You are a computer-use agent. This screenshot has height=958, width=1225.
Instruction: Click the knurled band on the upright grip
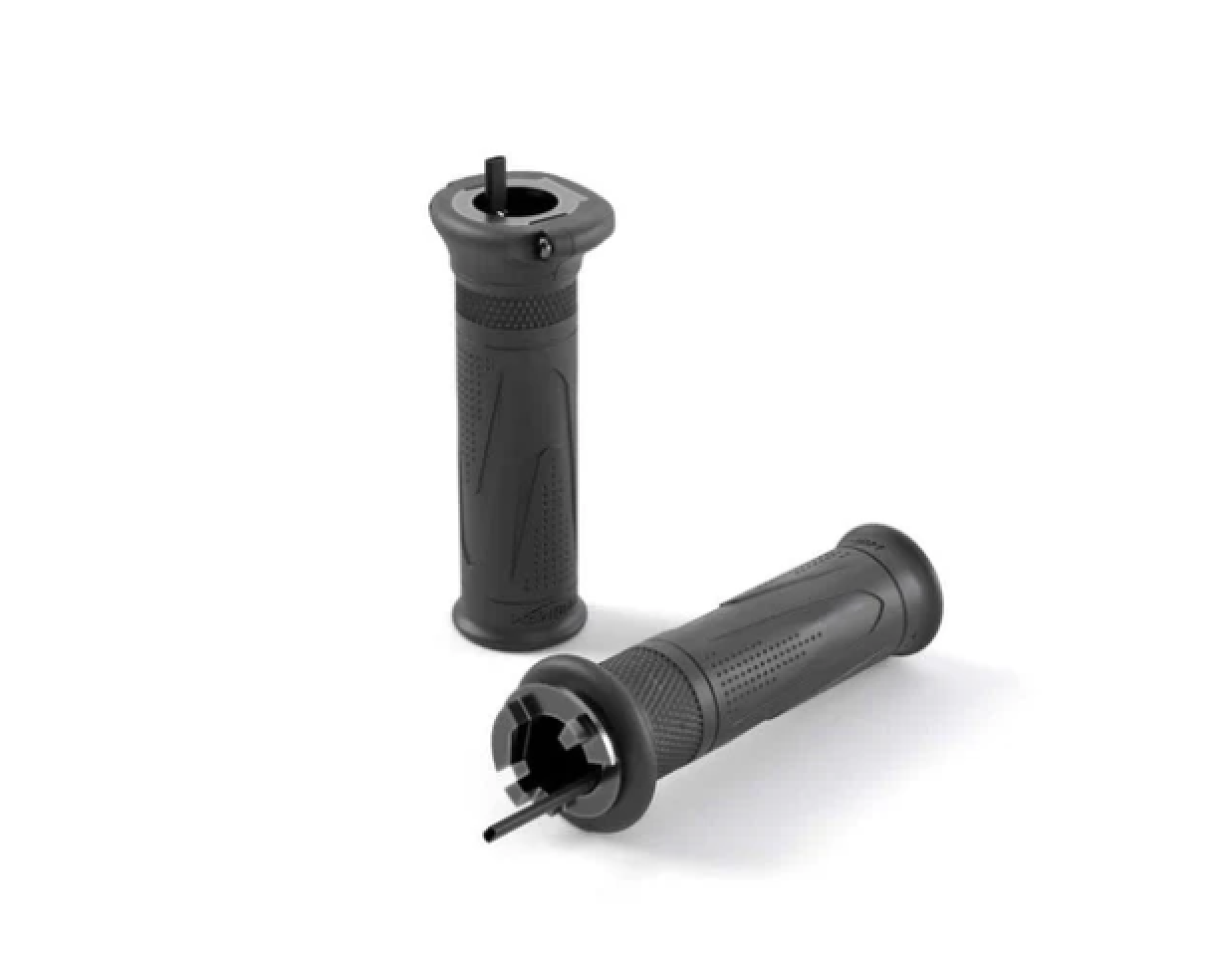(517, 305)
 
